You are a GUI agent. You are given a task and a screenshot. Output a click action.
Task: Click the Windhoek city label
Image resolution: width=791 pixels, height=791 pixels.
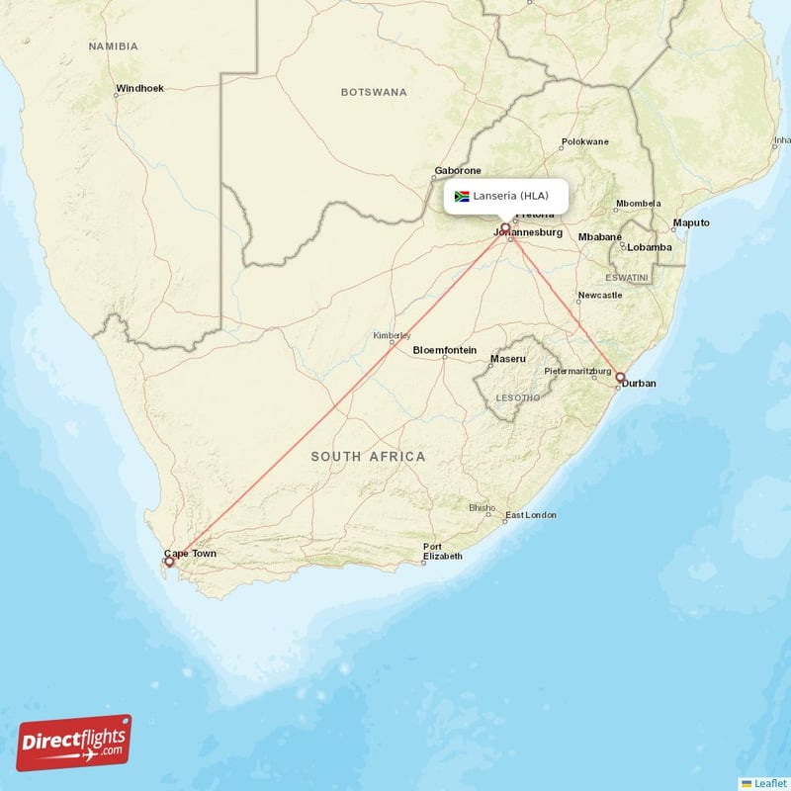click(139, 88)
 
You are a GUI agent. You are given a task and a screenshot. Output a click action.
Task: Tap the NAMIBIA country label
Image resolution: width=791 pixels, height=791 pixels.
click(113, 46)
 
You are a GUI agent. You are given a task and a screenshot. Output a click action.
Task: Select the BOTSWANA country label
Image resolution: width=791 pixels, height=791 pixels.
click(374, 92)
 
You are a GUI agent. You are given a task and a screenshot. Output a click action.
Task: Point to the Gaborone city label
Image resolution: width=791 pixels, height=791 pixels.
click(458, 171)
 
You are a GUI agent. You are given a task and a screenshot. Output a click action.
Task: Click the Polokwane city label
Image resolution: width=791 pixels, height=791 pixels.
click(585, 141)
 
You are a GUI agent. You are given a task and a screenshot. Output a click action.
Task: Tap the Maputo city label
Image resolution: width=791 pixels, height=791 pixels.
click(691, 222)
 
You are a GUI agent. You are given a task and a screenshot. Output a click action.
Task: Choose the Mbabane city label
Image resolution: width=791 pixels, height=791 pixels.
click(600, 237)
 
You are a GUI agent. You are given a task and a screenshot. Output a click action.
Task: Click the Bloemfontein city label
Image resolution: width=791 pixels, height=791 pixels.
click(444, 350)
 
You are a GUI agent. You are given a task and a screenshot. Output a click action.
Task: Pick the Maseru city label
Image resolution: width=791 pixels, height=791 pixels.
click(508, 358)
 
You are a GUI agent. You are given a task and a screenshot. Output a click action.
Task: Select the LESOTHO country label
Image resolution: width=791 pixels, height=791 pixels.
click(517, 397)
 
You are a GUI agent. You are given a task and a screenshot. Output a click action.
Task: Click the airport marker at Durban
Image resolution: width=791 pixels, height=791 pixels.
click(620, 377)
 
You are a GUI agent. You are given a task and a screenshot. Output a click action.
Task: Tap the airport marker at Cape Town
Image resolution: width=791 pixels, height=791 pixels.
click(169, 562)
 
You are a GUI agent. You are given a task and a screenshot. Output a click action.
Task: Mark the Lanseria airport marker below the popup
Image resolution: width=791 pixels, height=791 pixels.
click(505, 228)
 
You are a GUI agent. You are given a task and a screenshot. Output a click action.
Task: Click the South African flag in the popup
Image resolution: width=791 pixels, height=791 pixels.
click(461, 196)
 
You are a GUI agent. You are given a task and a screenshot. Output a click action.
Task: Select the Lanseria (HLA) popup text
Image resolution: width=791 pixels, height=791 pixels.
click(510, 196)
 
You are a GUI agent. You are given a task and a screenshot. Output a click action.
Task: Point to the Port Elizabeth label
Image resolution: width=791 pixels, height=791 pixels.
click(442, 552)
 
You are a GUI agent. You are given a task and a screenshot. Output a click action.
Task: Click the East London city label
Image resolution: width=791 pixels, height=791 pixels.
click(530, 515)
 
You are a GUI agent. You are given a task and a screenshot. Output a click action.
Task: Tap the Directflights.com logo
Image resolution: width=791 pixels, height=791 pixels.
click(74, 743)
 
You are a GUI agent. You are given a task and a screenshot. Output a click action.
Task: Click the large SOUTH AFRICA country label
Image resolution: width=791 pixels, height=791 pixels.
click(368, 456)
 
